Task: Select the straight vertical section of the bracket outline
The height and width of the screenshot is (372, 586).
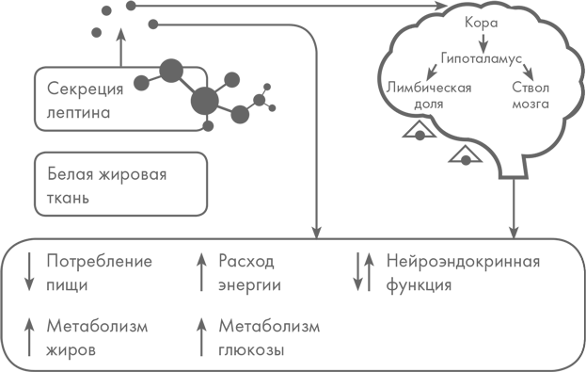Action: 584,306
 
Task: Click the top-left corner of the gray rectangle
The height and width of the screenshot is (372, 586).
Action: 1,1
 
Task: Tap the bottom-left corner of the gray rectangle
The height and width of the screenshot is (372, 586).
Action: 1,370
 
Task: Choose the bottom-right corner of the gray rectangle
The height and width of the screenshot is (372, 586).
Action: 578,370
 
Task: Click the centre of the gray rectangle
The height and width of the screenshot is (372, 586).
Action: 290,186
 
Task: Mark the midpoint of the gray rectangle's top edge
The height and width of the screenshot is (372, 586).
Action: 290,1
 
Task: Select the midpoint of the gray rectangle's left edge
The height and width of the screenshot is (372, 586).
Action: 1,186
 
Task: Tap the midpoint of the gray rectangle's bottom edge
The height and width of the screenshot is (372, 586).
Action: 290,370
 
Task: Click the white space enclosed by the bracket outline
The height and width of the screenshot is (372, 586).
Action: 581,306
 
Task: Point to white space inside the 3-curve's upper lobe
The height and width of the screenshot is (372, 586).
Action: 581,72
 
